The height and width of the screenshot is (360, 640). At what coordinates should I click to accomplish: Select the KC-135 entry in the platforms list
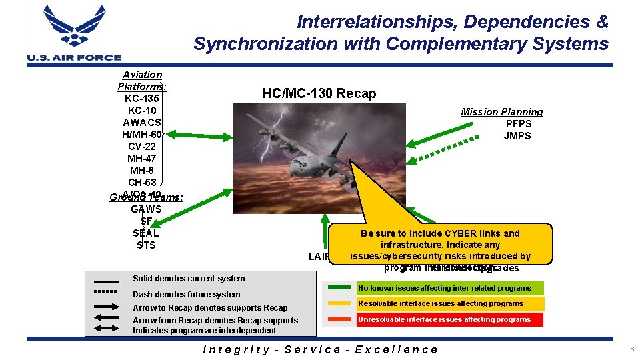pos(141,99)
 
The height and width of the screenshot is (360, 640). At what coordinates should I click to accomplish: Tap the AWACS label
pos(142,123)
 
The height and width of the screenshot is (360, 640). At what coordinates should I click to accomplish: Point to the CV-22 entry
pos(142,147)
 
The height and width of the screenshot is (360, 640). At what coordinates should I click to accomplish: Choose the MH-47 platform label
pos(142,159)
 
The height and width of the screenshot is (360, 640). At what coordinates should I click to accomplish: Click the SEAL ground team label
pos(145,233)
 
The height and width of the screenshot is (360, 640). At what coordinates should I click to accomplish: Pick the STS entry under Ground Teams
pos(145,245)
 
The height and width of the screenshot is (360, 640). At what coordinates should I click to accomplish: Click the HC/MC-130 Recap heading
pos(319,93)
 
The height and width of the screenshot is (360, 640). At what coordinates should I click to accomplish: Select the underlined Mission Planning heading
pos(502,112)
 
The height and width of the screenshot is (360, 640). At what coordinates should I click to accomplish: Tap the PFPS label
pos(518,124)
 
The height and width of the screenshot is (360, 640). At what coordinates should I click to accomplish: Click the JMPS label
pos(517,136)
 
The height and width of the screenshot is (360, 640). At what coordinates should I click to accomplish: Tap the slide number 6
pos(629,349)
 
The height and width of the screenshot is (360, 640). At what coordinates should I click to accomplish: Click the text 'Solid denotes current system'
pos(189,279)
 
